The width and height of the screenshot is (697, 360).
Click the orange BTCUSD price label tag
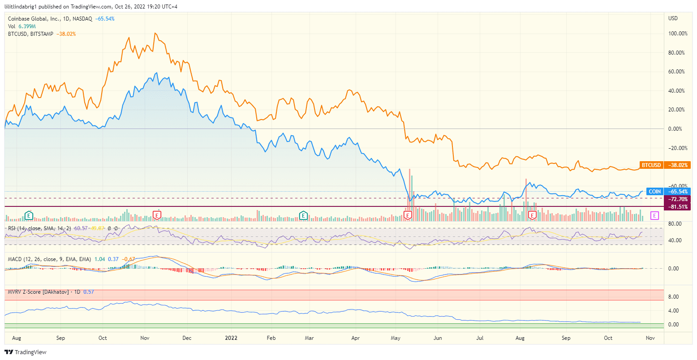pos(651,165)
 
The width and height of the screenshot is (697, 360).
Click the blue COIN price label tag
pos(654,192)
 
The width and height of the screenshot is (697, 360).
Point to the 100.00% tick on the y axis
pos(678,34)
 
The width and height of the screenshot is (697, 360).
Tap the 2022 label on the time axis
pos(231,338)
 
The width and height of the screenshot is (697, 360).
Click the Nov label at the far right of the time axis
pos(650,338)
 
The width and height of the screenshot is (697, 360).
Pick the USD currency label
pos(673,18)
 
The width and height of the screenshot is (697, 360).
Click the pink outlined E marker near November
pos(654,216)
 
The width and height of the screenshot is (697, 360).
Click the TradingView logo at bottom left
pos(26,352)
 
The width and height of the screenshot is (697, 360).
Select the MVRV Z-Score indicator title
pos(38,292)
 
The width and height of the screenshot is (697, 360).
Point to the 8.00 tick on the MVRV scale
pos(673,297)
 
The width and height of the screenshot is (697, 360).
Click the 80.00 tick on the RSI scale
pos(675,223)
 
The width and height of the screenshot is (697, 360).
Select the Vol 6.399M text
pos(21,26)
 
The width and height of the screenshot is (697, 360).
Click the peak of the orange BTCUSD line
pos(155,33)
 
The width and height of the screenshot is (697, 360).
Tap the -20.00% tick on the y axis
pos(676,148)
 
